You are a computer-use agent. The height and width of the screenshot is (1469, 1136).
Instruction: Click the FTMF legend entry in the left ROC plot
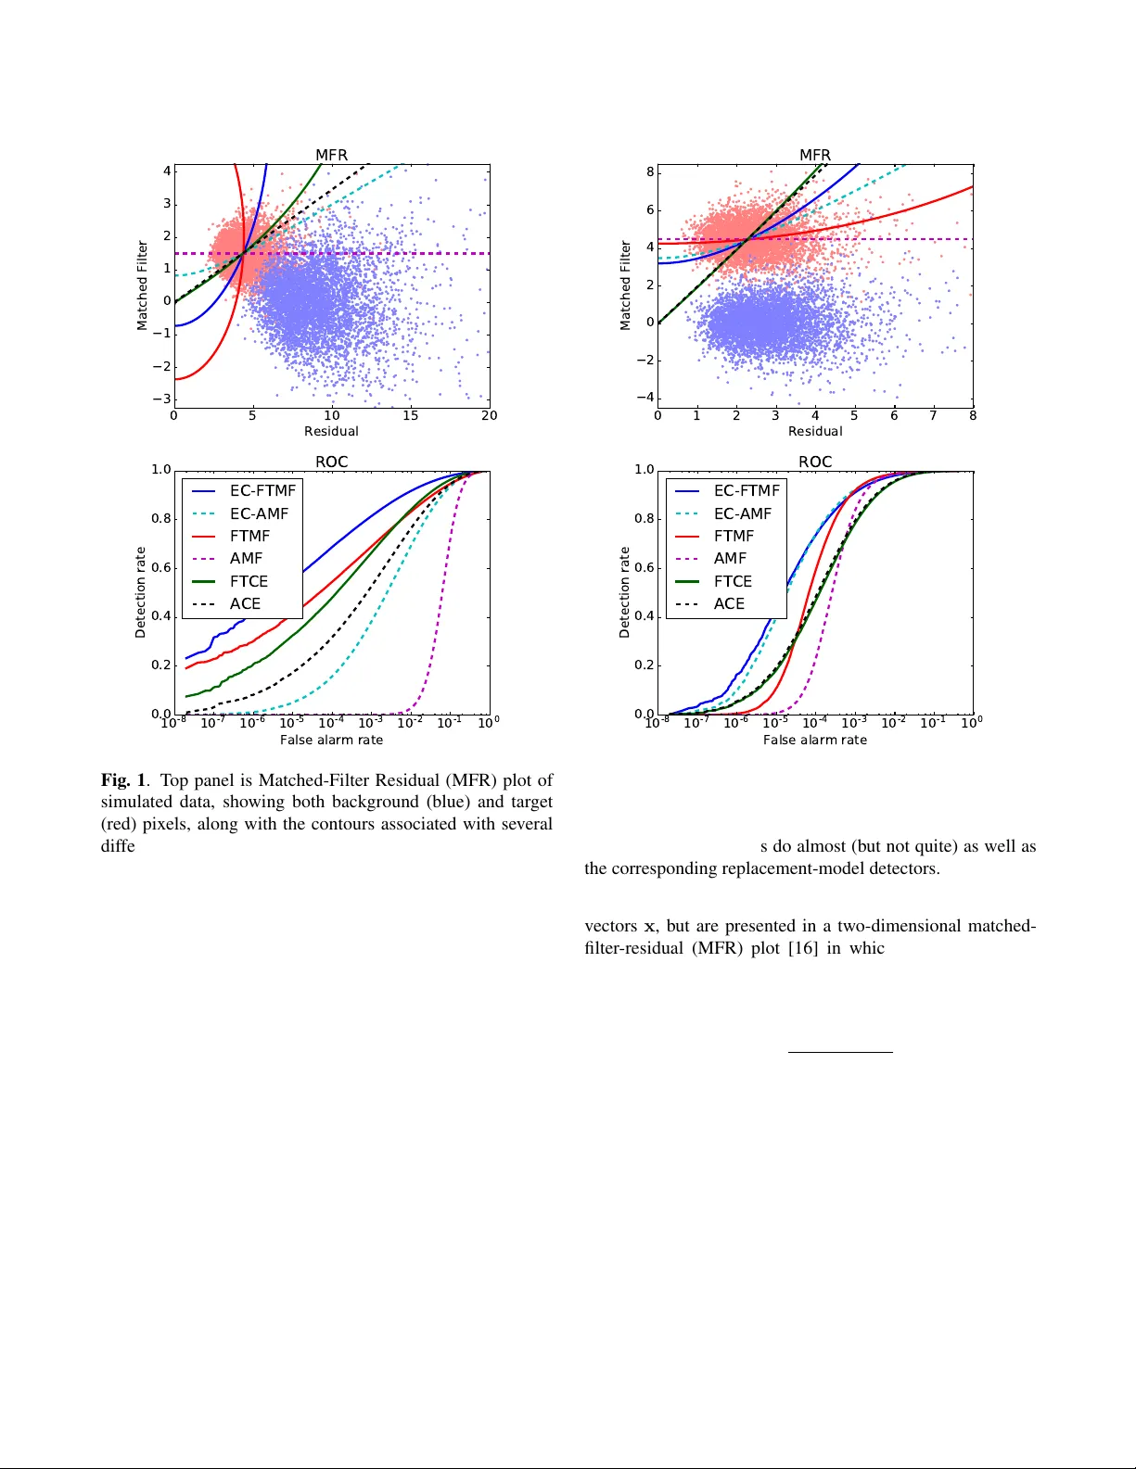(x=249, y=536)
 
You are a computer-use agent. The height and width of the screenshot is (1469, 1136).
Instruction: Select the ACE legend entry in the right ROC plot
(x=729, y=603)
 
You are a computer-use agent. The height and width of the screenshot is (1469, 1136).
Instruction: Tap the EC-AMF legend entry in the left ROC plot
(x=259, y=513)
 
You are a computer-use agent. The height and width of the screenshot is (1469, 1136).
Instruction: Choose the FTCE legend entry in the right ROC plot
(x=733, y=581)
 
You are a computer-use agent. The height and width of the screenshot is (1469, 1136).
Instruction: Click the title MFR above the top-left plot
(x=331, y=155)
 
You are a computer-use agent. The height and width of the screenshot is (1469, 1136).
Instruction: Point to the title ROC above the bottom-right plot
(x=815, y=462)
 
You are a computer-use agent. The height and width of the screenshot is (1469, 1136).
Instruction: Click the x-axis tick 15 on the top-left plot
(x=410, y=415)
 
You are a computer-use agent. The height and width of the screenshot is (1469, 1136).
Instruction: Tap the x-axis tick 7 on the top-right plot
(x=933, y=415)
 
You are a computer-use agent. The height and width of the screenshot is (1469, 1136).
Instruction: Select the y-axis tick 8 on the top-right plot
(x=650, y=172)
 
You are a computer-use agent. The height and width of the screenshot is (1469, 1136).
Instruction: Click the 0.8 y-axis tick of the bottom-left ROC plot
(x=161, y=518)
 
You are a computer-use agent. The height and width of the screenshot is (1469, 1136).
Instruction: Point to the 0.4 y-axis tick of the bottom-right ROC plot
(x=645, y=616)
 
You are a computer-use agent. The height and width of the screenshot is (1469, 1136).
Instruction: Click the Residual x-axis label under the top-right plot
(x=815, y=431)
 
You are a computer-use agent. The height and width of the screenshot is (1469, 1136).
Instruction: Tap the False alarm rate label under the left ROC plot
(x=331, y=740)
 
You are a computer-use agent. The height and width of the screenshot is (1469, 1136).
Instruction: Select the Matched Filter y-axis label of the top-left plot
(x=142, y=285)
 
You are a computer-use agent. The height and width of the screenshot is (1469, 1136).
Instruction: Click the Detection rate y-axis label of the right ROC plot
(x=624, y=592)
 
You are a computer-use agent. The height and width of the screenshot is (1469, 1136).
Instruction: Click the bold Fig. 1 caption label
(x=123, y=780)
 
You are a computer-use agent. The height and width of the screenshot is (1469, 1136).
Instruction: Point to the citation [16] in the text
(x=803, y=948)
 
